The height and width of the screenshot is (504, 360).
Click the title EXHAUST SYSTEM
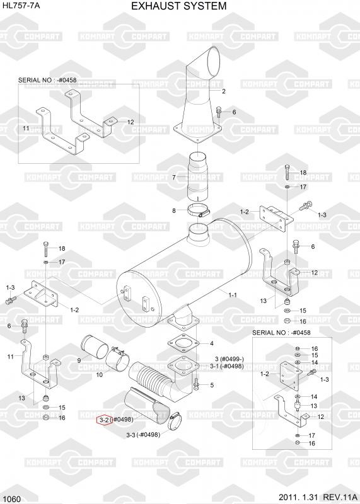[179, 6]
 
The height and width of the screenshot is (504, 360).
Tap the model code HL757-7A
[21, 6]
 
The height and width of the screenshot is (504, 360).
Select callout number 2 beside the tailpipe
[224, 91]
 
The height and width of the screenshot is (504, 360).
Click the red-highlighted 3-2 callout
[105, 420]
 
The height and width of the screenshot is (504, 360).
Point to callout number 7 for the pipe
[174, 178]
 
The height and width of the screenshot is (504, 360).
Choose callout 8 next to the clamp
[174, 211]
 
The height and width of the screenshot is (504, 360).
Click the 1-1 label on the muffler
[233, 295]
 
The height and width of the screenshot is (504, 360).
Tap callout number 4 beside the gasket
[211, 343]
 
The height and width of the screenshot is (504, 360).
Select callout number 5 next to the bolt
[212, 385]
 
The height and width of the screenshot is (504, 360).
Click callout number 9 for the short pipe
[79, 360]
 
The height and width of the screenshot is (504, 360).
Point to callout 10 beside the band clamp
[100, 375]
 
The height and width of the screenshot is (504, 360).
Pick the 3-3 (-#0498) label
[143, 435]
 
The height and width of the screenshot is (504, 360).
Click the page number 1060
[11, 499]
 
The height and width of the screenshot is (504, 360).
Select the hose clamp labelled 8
[199, 211]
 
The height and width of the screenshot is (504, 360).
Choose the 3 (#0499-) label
[229, 359]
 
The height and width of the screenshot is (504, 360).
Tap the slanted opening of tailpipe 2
[213, 60]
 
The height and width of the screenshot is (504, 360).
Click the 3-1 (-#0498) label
[227, 366]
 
